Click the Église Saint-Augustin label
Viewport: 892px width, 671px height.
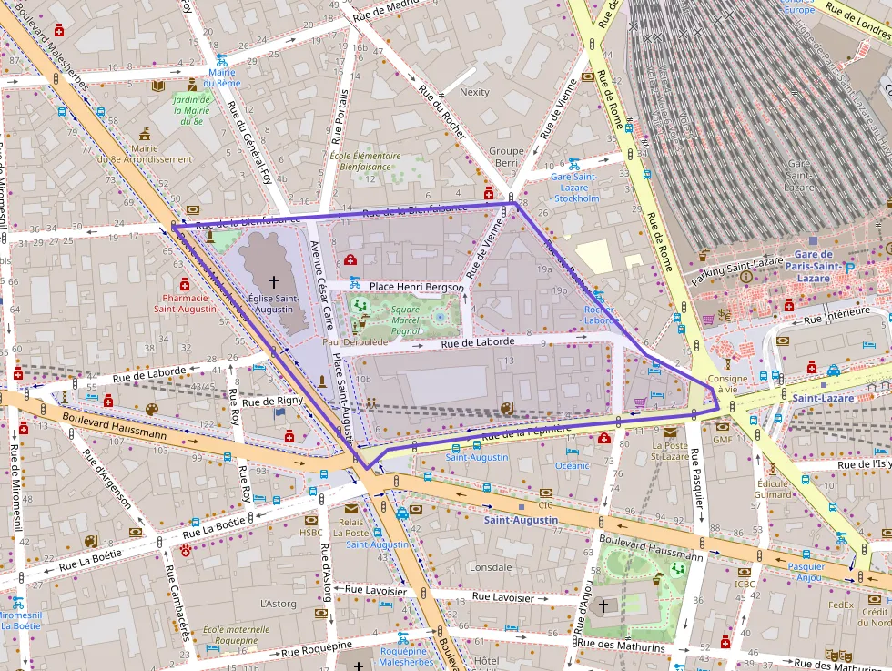(x=273, y=303)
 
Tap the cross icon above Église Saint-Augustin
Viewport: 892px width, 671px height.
(x=274, y=283)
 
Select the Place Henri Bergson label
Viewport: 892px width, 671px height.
(x=416, y=287)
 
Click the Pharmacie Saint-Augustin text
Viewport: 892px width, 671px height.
(x=185, y=303)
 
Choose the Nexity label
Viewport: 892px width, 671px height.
(x=474, y=92)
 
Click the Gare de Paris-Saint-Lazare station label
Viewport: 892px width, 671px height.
(x=813, y=266)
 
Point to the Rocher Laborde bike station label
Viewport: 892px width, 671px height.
(x=602, y=314)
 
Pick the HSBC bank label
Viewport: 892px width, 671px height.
(x=311, y=533)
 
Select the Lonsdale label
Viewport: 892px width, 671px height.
(x=491, y=567)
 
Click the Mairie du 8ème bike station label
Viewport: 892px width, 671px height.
(x=222, y=77)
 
